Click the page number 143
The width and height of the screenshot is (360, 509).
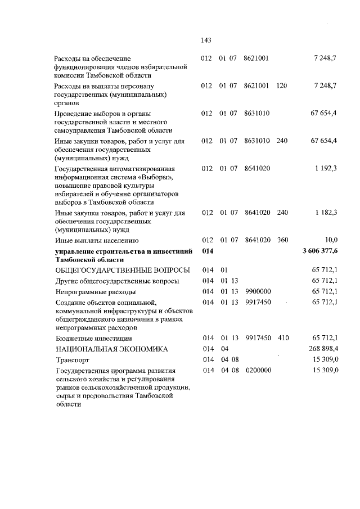pos(205,40)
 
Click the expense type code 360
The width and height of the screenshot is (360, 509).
pos(282,240)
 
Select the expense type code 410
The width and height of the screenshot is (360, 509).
pos(282,338)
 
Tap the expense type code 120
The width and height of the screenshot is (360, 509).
pos(282,85)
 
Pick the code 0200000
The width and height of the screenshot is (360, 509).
pos(258,371)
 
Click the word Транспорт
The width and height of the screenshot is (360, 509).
pos(74,360)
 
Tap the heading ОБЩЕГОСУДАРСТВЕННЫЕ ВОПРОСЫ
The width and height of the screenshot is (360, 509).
pos(121,270)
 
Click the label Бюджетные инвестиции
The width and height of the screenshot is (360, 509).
pos(94,339)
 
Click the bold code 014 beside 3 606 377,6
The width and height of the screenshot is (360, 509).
pos(208,250)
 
